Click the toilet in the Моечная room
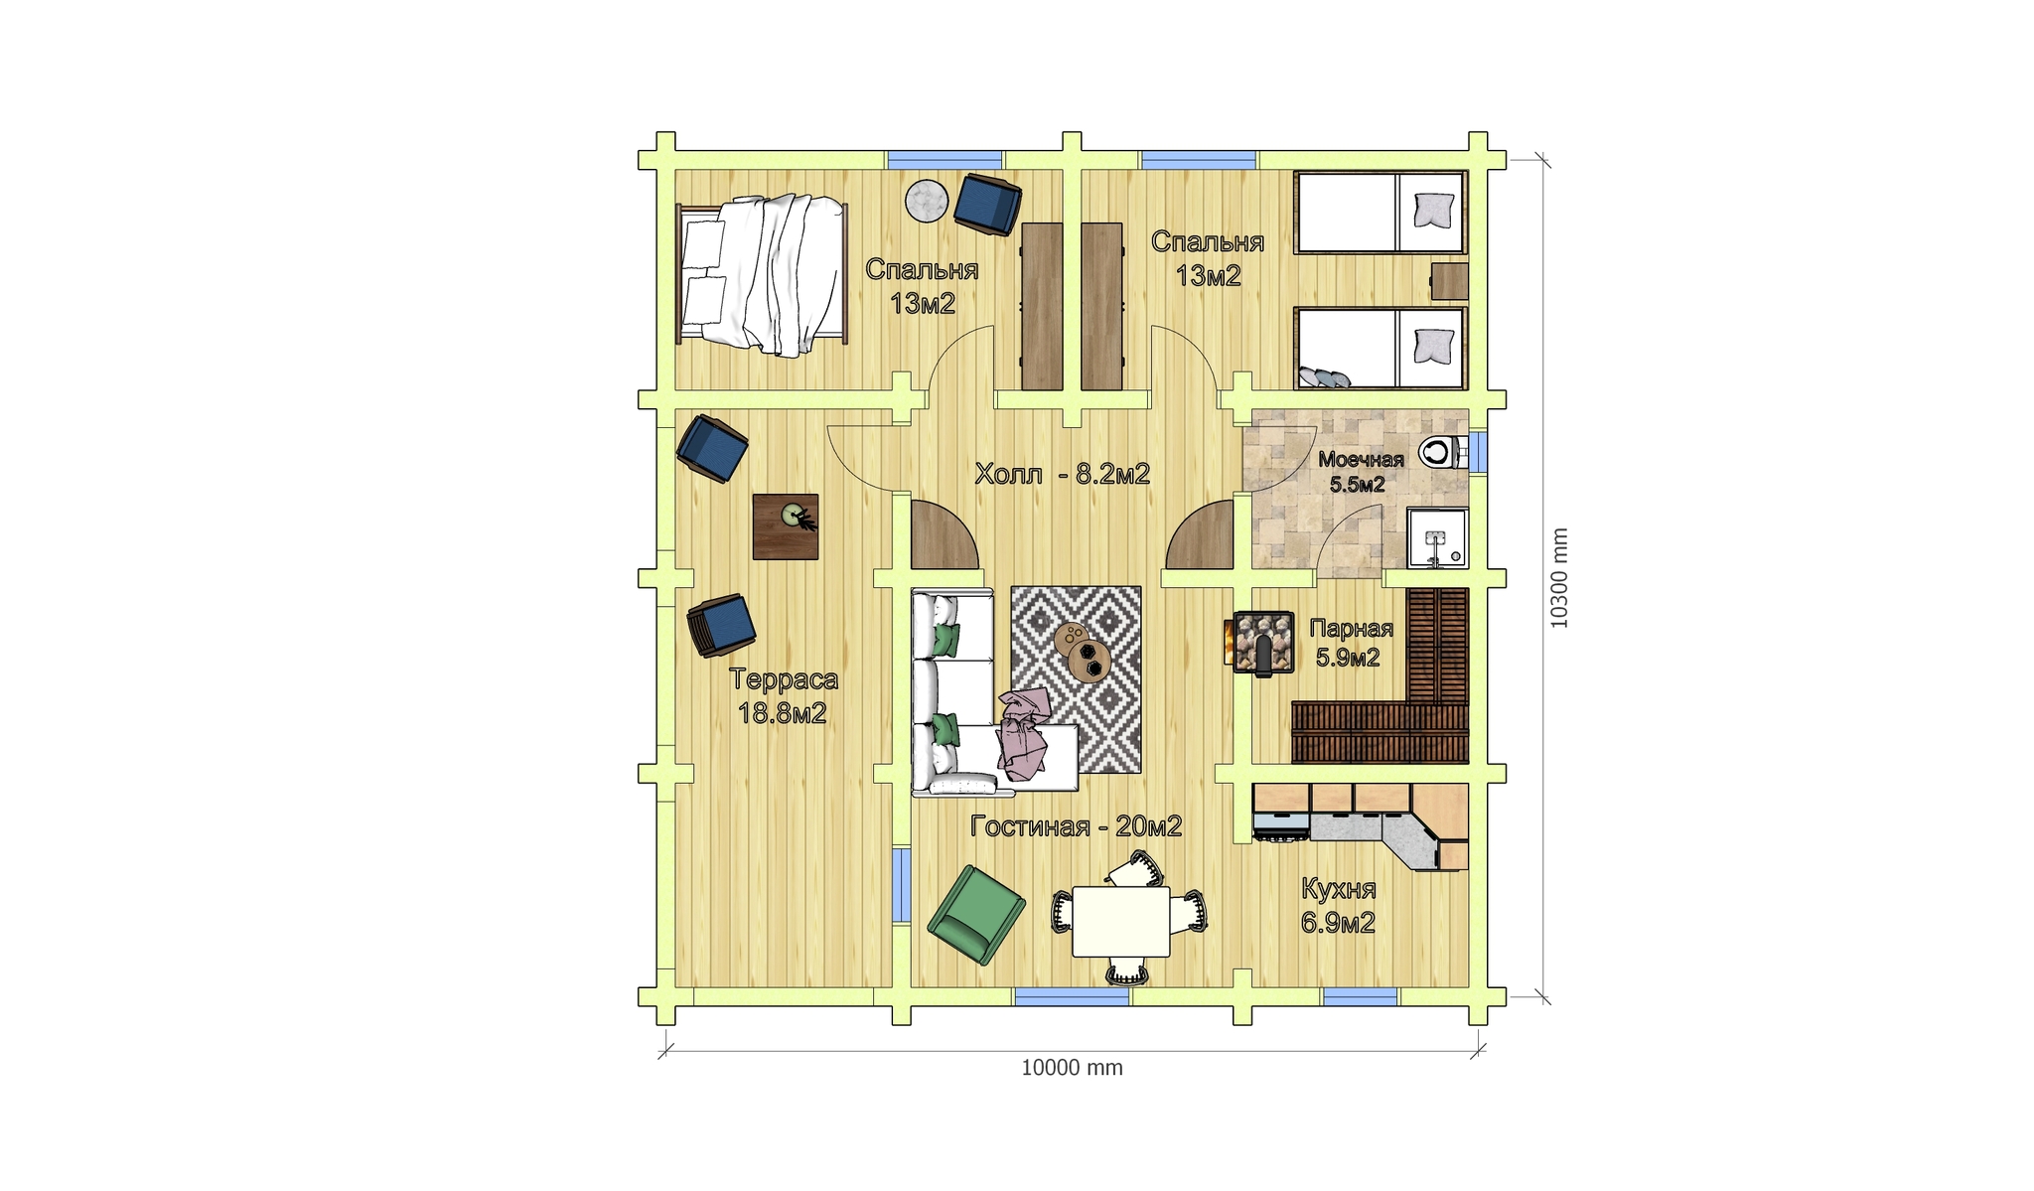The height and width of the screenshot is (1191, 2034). pos(1441,452)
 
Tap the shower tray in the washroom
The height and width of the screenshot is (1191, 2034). pos(1437,538)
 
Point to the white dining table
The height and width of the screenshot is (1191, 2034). pos(1121,921)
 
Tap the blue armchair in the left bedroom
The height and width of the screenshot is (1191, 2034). pos(987,204)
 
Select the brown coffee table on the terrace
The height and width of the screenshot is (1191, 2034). pos(786,526)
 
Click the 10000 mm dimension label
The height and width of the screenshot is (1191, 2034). pos(1072,1068)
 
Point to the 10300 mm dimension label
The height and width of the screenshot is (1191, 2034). pos(1559,577)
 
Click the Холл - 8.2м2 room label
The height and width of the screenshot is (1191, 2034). pos(1062,474)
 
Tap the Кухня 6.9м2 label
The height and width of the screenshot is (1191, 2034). pos(1338,905)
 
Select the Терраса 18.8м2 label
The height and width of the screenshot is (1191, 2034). pos(784,695)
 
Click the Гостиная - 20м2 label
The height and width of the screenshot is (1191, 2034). pos(1076,826)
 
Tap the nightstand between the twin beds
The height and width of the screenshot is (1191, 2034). pos(1449,281)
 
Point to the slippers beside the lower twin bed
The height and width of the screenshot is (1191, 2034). pos(1324,377)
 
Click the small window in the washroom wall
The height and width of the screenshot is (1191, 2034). pos(1478,452)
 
